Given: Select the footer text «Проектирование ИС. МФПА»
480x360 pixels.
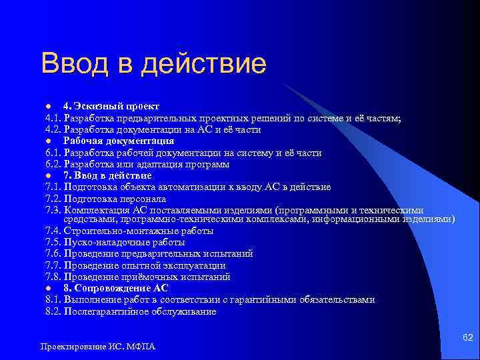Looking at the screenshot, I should [97, 347].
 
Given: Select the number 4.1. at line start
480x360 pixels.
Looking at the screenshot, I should [53, 118].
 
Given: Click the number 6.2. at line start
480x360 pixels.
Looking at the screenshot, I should [53, 164].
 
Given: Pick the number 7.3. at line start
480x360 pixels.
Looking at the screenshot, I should [53, 210].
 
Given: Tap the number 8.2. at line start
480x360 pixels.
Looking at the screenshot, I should [53, 311].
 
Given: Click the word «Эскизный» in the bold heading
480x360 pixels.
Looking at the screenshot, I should [93, 107].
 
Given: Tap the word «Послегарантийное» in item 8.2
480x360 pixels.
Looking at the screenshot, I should [102, 311].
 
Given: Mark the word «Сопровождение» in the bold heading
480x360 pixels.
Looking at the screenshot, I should [112, 289].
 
